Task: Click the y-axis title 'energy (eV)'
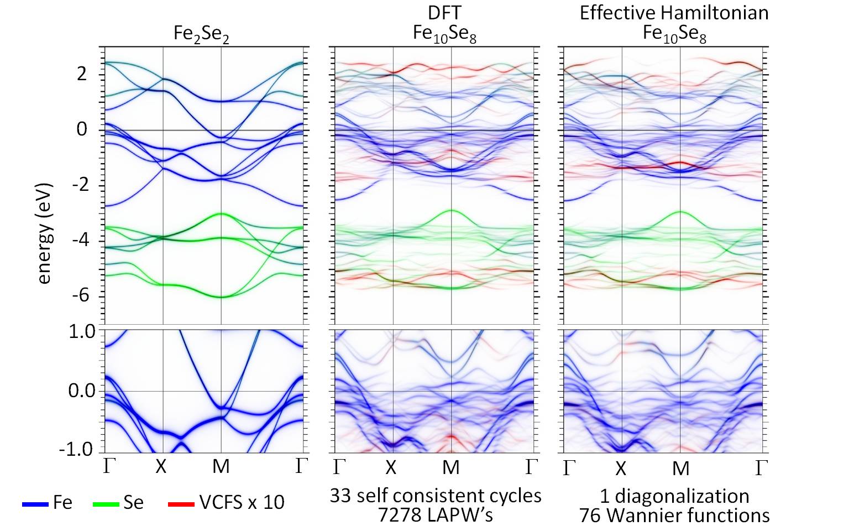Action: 44,233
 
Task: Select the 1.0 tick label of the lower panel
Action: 81,331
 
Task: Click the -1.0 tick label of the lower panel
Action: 77,449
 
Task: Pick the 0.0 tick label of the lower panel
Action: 81,391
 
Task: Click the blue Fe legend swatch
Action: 36,504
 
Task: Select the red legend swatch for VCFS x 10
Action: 181,504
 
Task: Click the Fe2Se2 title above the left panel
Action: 201,34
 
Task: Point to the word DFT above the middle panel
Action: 444,13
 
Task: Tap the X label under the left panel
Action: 161,467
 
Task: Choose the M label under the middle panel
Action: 451,468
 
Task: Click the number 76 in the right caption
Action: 591,516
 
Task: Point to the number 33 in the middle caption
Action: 341,496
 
